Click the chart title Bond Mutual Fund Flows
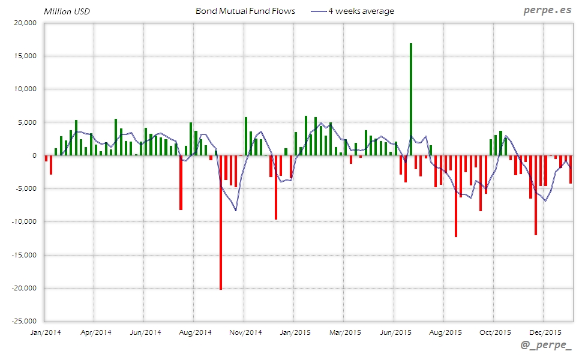(x=245, y=11)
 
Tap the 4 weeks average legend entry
(x=360, y=11)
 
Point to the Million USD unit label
(x=66, y=11)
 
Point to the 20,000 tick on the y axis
(x=25, y=23)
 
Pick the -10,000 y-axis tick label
(x=23, y=222)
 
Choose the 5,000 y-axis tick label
(x=27, y=122)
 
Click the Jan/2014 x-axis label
(x=44, y=332)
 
